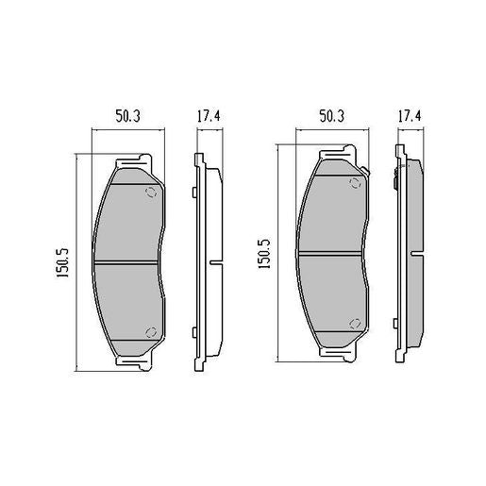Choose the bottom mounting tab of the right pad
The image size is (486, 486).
tap(332, 355)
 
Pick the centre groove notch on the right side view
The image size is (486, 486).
tap(417, 252)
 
